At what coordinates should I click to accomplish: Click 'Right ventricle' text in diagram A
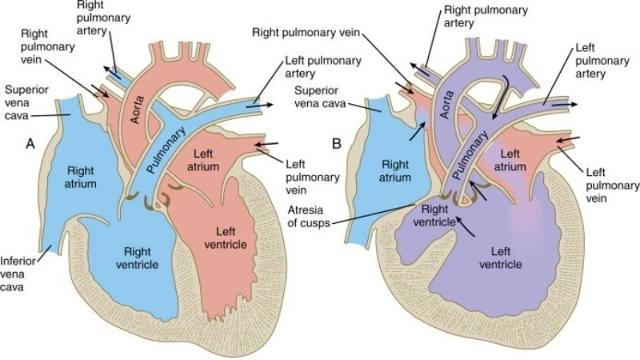click(146, 258)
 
